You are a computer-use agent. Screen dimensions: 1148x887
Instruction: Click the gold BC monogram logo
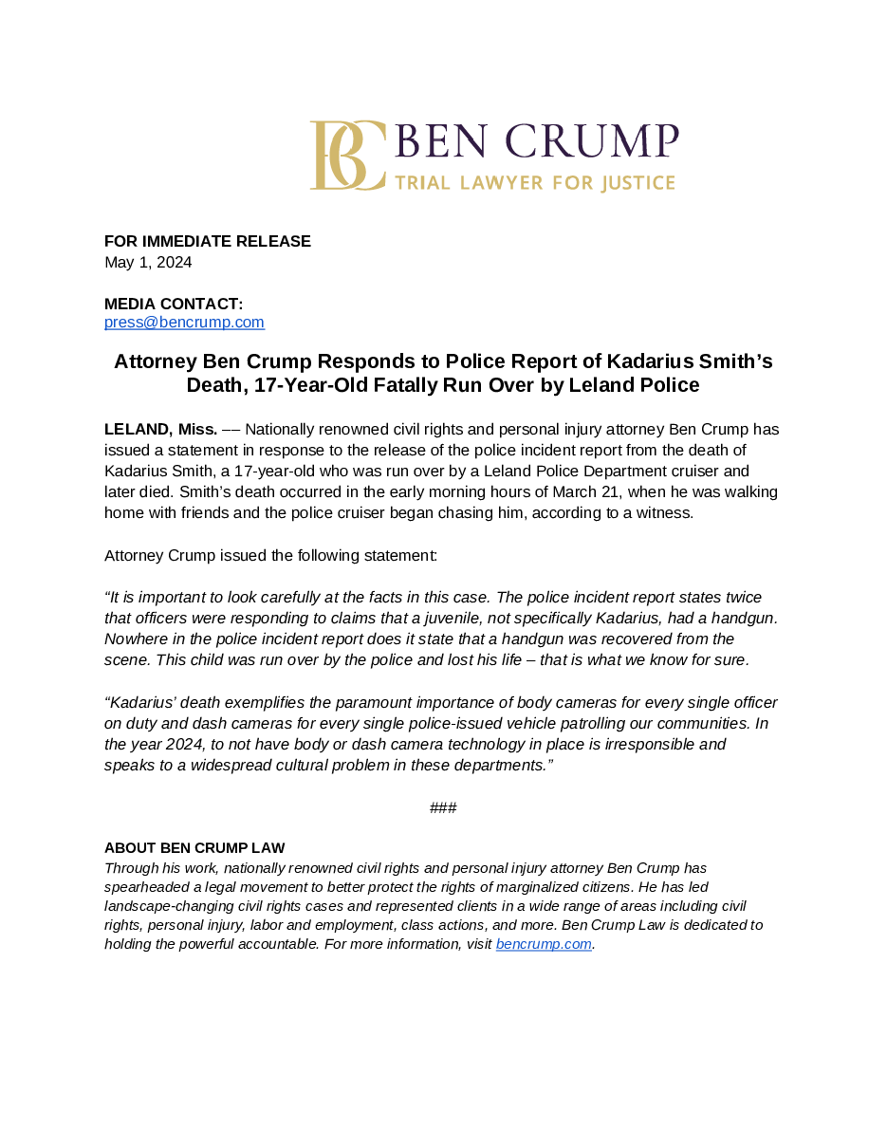(347, 155)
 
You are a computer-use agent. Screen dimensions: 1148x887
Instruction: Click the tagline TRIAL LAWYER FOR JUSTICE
(534, 182)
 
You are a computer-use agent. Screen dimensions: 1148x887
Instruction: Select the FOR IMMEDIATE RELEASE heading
(207, 241)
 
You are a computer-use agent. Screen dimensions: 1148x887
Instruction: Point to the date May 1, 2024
(148, 262)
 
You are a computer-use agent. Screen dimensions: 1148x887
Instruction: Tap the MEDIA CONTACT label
(174, 304)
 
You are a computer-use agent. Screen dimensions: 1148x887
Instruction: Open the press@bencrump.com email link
(184, 323)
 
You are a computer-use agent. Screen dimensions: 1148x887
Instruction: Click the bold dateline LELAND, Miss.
(160, 429)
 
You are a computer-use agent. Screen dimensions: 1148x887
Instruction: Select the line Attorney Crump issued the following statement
(270, 555)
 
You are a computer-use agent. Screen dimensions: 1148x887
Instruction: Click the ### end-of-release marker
(443, 807)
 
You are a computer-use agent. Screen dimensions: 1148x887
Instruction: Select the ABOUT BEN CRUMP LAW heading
(194, 848)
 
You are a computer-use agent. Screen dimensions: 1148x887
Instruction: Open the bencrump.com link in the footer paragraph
(544, 944)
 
